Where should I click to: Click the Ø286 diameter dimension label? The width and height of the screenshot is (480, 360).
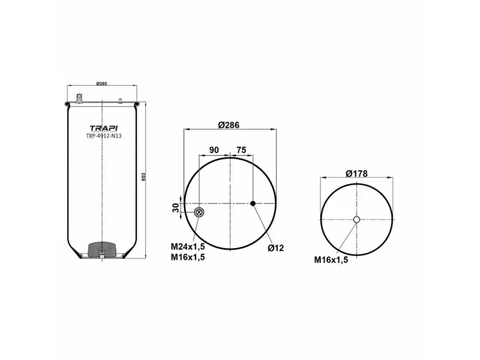(x=229, y=125)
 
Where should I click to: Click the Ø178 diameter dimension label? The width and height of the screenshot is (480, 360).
(x=356, y=173)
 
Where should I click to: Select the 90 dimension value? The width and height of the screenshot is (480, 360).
(x=214, y=150)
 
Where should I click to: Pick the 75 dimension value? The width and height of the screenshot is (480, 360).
(x=241, y=150)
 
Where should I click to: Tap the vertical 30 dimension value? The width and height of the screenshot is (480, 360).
(x=176, y=208)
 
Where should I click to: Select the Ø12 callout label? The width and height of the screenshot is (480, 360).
(x=275, y=248)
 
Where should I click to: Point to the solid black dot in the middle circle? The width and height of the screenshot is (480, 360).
(x=253, y=204)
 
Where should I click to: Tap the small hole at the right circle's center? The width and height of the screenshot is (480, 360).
(x=356, y=220)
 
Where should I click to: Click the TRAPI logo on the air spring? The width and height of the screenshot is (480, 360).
(x=103, y=128)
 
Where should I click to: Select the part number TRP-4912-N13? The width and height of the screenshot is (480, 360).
(x=103, y=136)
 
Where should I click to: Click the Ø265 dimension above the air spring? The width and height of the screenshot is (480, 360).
(x=102, y=83)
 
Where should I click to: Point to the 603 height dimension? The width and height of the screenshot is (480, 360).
(x=143, y=178)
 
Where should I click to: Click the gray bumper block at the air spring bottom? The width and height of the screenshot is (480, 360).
(x=102, y=248)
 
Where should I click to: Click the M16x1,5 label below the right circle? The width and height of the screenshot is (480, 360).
(x=331, y=260)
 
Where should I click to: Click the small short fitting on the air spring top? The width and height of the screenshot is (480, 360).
(x=120, y=100)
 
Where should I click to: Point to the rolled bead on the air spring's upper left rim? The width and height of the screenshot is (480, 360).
(x=67, y=106)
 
